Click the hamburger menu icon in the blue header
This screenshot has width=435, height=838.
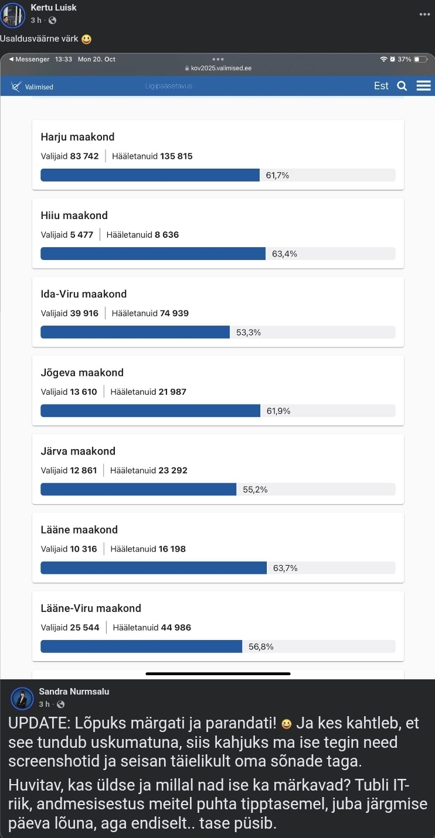pyautogui.click(x=423, y=86)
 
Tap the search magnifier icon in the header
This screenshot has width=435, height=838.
pyautogui.click(x=402, y=86)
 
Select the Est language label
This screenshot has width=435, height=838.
pyautogui.click(x=381, y=86)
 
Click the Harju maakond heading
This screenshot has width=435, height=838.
pyautogui.click(x=77, y=137)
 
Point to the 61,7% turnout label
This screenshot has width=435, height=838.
pyautogui.click(x=277, y=175)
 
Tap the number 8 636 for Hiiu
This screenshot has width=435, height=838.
pyautogui.click(x=166, y=235)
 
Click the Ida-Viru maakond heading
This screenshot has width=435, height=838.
pyautogui.click(x=83, y=294)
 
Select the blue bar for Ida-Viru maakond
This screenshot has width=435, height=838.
pyautogui.click(x=135, y=332)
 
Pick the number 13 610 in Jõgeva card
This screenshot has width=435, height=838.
pyautogui.click(x=84, y=392)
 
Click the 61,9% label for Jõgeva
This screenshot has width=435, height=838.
pyautogui.click(x=278, y=411)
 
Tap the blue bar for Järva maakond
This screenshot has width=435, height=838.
pyautogui.click(x=138, y=490)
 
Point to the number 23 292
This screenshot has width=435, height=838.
pyautogui.click(x=173, y=470)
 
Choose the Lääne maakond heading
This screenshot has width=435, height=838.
pyautogui.click(x=79, y=530)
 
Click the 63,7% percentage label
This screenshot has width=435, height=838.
pyautogui.click(x=285, y=568)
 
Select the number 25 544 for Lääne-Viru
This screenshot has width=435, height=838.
pyautogui.click(x=85, y=627)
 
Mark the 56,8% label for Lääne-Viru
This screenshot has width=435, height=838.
pyautogui.click(x=261, y=647)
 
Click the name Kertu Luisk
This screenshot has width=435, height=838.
pyautogui.click(x=53, y=8)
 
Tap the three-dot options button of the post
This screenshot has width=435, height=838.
pyautogui.click(x=425, y=14)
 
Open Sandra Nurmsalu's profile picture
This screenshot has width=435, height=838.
pyautogui.click(x=22, y=699)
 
